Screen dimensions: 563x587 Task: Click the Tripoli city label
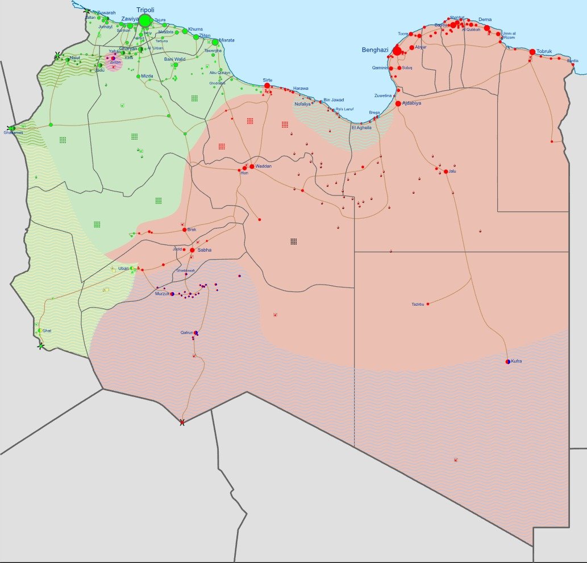click(145, 10)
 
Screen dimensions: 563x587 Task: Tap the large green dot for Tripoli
click(145, 21)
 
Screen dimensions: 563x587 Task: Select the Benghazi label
click(374, 50)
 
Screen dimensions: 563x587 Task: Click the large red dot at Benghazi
click(397, 51)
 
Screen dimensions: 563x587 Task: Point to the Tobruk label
click(544, 51)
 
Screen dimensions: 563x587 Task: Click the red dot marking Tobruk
click(532, 52)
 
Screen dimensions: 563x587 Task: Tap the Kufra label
click(516, 361)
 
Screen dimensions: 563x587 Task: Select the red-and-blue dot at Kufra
click(508, 361)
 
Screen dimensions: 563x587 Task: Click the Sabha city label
click(204, 250)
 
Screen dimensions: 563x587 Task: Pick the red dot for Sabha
click(193, 250)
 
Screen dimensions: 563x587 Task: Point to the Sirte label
click(268, 80)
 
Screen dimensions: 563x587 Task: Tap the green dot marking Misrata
click(215, 42)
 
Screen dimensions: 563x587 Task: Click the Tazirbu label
click(418, 305)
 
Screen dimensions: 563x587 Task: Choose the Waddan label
click(264, 166)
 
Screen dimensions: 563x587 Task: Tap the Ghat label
click(47, 331)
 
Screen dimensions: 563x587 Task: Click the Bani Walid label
click(175, 59)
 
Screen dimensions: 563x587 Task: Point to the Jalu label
click(452, 171)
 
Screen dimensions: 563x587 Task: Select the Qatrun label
click(188, 332)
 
